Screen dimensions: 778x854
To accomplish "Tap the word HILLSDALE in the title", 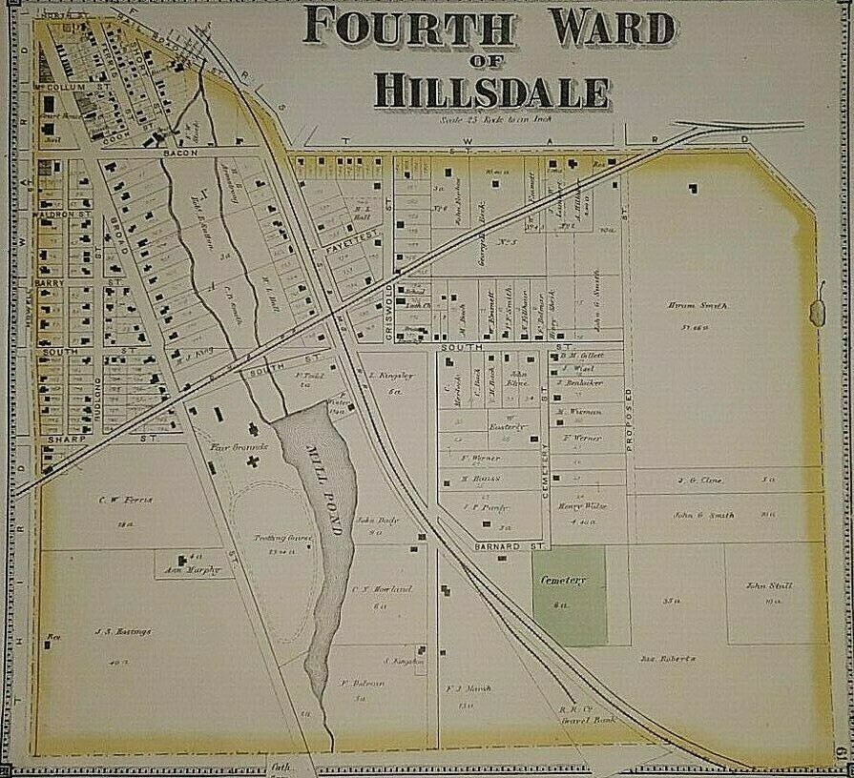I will tap(490, 91).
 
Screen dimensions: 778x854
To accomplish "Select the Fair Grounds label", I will tap(232, 446).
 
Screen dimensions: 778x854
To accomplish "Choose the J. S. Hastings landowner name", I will tap(123, 630).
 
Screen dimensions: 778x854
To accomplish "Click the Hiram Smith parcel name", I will tap(705, 305).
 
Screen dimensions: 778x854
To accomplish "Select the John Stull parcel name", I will tap(769, 585).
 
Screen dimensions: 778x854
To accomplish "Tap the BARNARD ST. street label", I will tap(510, 546).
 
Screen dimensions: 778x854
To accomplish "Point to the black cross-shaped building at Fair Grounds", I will tap(253, 461).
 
